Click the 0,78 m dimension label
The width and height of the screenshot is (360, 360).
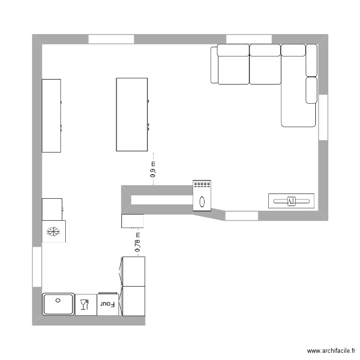[138, 242]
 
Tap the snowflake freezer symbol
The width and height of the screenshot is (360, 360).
[53, 232]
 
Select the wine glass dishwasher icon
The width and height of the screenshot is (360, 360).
[85, 304]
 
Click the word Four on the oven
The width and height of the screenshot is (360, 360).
[108, 304]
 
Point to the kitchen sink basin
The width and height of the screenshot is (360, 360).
[58, 304]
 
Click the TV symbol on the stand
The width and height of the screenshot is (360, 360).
[291, 201]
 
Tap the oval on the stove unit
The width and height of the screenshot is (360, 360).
[202, 201]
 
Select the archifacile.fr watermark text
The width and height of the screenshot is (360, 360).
[332, 351]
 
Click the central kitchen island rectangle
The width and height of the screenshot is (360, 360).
[132, 114]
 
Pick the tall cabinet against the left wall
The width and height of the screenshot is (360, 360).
[51, 116]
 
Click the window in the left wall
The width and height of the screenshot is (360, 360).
[37, 267]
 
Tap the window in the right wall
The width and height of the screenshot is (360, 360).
[323, 117]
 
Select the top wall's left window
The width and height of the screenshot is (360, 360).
[110, 39]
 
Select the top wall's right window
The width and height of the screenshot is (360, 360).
[249, 39]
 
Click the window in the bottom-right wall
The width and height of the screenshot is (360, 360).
[241, 216]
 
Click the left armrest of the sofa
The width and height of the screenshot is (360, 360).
[214, 65]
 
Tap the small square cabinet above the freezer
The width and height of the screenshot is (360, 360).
[52, 209]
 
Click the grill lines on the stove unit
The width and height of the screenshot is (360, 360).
[202, 185]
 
